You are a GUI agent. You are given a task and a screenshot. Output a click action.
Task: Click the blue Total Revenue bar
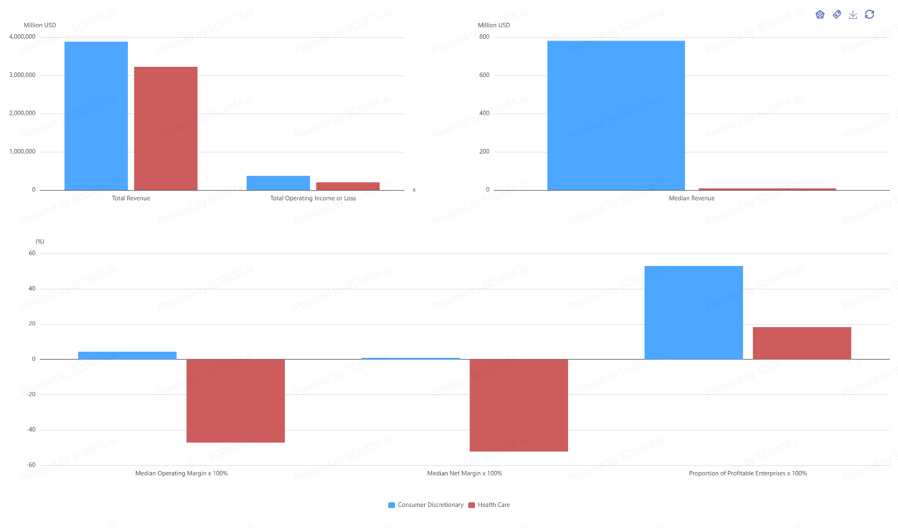coord(96,116)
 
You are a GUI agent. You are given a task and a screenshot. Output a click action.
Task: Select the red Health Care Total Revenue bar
coord(166,128)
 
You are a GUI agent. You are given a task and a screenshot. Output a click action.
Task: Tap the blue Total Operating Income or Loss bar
coord(278,183)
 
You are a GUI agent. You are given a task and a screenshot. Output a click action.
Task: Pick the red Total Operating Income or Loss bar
coord(348,186)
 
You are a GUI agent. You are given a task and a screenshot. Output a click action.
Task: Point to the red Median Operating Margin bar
coord(235,401)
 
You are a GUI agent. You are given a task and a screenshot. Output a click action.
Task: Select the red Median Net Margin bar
coord(518,405)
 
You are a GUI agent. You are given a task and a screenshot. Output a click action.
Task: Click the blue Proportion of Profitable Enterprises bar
coord(694,312)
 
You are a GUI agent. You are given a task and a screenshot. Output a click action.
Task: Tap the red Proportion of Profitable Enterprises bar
coord(802,343)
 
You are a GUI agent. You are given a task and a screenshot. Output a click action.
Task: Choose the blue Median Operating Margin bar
coord(127,355)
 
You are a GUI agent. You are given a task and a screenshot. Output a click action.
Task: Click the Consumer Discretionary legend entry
coord(426,505)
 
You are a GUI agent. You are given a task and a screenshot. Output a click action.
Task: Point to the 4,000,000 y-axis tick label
coord(22,37)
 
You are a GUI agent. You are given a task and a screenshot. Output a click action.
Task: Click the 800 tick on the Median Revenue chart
coord(484,37)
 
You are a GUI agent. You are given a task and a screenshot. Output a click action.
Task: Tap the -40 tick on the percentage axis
coord(31,430)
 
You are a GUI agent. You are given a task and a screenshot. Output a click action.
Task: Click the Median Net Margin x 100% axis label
coord(464,473)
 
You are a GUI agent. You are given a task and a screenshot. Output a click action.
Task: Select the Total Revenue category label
coord(131,198)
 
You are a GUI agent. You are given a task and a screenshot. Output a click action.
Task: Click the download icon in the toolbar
coord(853,14)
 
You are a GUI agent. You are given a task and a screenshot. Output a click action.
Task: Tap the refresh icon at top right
coord(869,14)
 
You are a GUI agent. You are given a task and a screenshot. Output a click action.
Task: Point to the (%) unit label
coord(40,241)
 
